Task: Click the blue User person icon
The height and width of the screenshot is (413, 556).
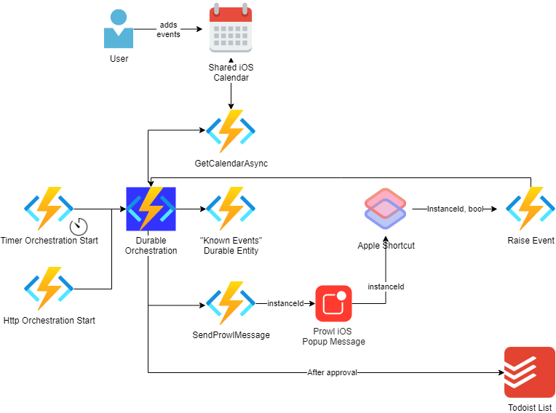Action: pos(119,28)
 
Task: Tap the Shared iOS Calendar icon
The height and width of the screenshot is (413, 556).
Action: pos(231,28)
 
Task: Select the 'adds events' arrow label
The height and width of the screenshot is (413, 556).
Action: pos(168,29)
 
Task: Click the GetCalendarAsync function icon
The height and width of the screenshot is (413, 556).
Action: pos(231,131)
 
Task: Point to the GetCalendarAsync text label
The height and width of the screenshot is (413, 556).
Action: pos(231,164)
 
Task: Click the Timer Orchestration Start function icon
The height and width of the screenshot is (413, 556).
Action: pos(49,209)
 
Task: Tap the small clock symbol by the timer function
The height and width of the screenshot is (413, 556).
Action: pos(79,226)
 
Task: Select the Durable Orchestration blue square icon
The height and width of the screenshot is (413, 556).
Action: pos(151,209)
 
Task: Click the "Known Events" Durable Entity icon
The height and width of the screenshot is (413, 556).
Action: pos(231,209)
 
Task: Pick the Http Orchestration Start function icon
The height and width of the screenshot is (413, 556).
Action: pos(49,289)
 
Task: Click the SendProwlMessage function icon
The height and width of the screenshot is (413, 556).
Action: pos(231,303)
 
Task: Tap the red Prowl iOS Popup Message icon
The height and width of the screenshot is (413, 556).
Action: pos(333,303)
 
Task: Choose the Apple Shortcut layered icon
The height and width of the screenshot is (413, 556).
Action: pos(386,209)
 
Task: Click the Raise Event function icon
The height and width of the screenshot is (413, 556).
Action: pos(531,209)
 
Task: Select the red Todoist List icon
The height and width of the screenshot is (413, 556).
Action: pos(530,372)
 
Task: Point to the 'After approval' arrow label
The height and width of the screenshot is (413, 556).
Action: pos(333,372)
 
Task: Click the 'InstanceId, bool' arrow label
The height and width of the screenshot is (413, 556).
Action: pos(456,209)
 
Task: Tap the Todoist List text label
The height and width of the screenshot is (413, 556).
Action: pos(530,407)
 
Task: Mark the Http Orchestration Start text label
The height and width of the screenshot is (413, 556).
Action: pos(49,321)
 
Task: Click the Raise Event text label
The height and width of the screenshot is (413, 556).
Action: pos(531,241)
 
